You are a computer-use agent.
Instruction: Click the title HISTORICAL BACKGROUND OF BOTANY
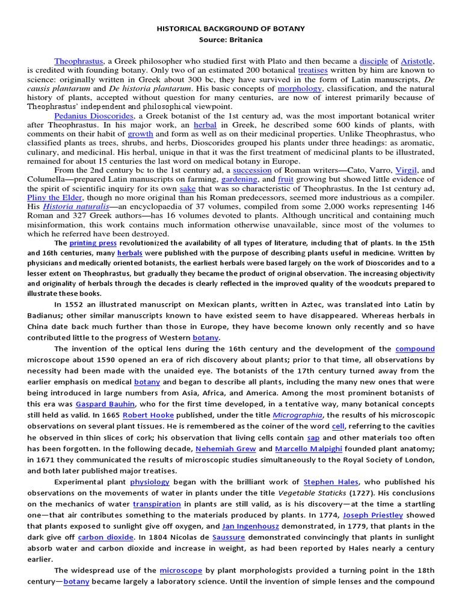[x=231, y=28]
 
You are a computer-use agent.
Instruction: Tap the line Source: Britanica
[x=231, y=40]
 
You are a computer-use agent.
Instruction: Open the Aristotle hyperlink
[x=416, y=61]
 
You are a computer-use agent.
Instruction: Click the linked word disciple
[x=373, y=61]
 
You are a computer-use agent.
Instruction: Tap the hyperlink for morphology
[x=295, y=88]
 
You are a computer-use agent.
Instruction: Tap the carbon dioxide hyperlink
[x=106, y=537]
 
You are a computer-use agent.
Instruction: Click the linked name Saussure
[x=229, y=537]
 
